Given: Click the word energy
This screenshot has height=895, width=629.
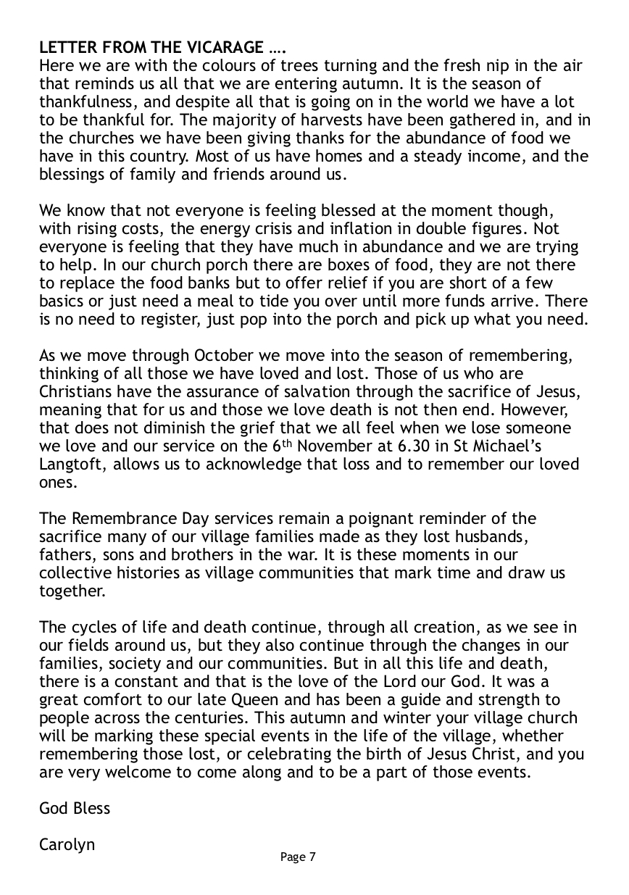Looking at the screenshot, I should click(x=199, y=228).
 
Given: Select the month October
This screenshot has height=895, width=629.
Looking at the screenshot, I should click(x=227, y=355).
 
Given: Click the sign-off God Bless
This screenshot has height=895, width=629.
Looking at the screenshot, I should click(x=75, y=808).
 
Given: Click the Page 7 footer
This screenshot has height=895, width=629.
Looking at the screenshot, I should click(x=298, y=857).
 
